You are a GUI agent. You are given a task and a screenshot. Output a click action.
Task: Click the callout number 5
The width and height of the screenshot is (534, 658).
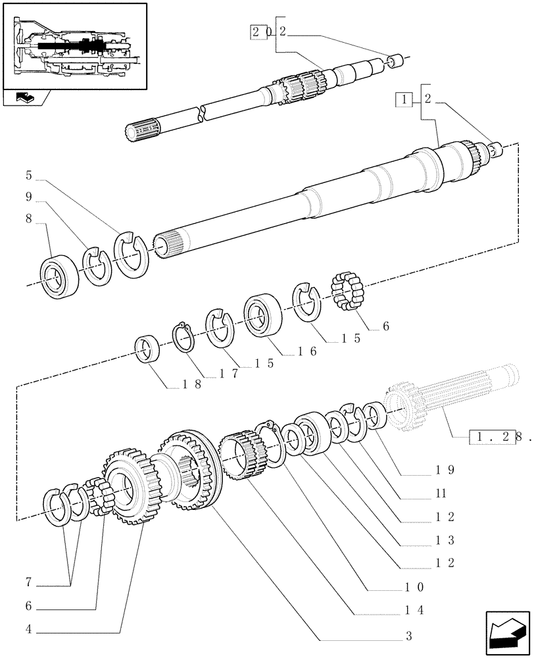[29, 176]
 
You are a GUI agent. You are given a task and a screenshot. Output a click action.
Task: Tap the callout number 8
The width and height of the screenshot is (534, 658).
[29, 223]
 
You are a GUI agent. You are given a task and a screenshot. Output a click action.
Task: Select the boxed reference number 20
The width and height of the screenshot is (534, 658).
[260, 32]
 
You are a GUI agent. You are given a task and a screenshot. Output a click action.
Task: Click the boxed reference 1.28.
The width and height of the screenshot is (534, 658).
[493, 436]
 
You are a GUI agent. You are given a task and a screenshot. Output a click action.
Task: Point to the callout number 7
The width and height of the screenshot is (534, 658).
[29, 583]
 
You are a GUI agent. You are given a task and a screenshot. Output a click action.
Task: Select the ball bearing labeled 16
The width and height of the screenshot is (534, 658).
[263, 315]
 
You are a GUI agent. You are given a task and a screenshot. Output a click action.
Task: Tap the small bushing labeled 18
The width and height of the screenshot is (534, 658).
[148, 349]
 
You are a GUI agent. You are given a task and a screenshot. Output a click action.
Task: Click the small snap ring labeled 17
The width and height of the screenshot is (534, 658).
[185, 337]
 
